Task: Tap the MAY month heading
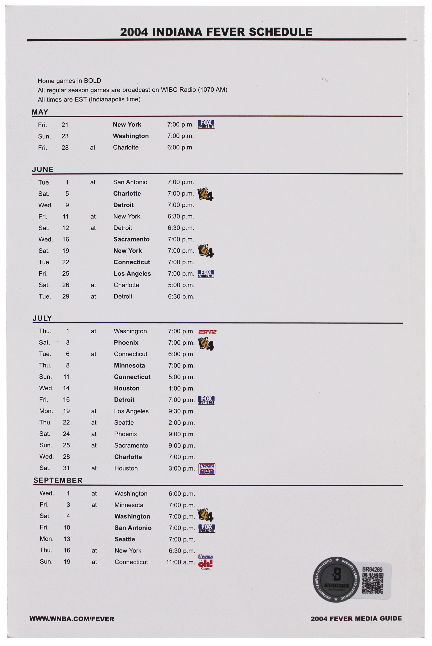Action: click(40, 112)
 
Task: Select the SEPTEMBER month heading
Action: click(58, 480)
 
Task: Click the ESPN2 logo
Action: click(207, 332)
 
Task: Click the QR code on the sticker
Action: click(372, 584)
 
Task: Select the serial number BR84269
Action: click(372, 569)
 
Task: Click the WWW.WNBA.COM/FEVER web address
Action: click(72, 619)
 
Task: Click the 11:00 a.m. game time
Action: click(180, 562)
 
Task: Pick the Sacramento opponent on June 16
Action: click(131, 239)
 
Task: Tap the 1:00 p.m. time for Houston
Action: click(182, 389)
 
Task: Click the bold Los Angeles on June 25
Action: click(132, 274)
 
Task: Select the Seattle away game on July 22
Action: click(124, 423)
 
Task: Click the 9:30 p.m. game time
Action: click(182, 411)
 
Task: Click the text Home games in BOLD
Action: click(69, 81)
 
